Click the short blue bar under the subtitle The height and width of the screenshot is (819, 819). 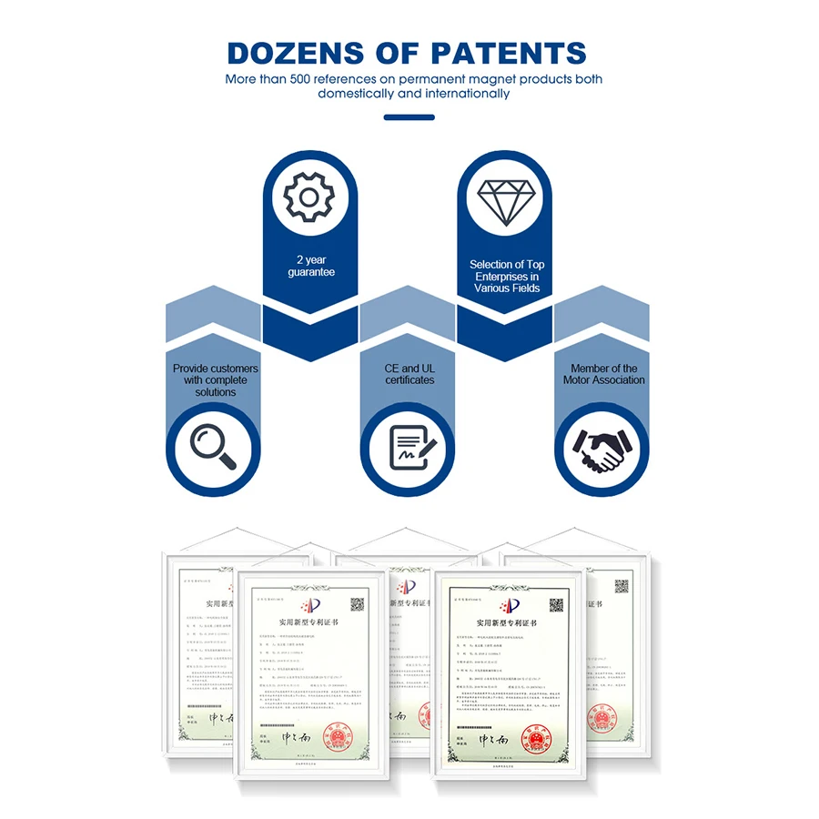(x=409, y=116)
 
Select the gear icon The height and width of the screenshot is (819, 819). (x=309, y=196)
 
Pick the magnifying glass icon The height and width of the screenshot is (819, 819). (x=213, y=447)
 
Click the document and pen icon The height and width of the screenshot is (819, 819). (x=409, y=447)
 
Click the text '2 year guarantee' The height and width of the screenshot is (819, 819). (x=310, y=266)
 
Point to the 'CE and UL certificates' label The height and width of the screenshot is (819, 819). (x=409, y=374)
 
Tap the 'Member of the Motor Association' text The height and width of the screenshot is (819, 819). (x=603, y=374)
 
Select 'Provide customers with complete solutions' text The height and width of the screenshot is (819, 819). (x=215, y=380)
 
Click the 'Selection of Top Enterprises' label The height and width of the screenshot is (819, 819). (x=506, y=276)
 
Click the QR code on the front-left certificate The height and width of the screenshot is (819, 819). (x=358, y=604)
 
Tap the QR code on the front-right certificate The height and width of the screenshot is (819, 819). (x=555, y=604)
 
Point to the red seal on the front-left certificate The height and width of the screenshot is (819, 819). (x=340, y=735)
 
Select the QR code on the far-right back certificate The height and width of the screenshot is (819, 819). (x=622, y=585)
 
